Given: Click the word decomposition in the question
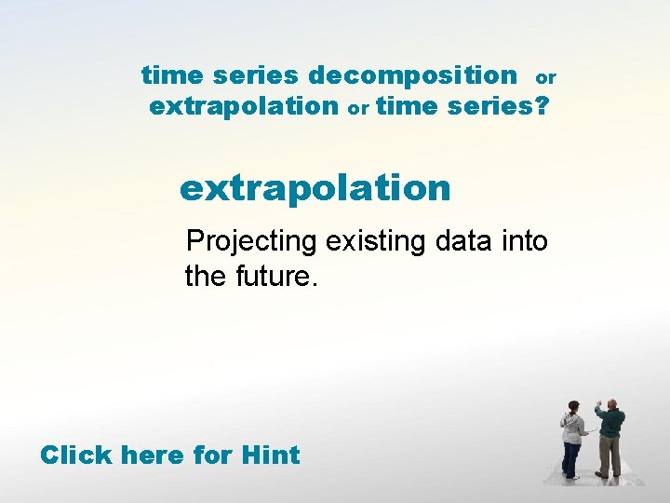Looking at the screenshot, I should click(x=412, y=75).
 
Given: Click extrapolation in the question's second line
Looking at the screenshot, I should click(x=243, y=106).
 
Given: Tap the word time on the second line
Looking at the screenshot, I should click(x=409, y=106).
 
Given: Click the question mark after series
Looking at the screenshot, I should click(x=542, y=106).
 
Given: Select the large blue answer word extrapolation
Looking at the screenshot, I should click(x=315, y=187).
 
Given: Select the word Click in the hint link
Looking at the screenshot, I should click(x=76, y=455).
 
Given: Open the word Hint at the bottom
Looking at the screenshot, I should click(x=270, y=455).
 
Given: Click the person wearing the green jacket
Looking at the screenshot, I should click(x=610, y=438).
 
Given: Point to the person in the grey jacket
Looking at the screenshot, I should click(x=572, y=438).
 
